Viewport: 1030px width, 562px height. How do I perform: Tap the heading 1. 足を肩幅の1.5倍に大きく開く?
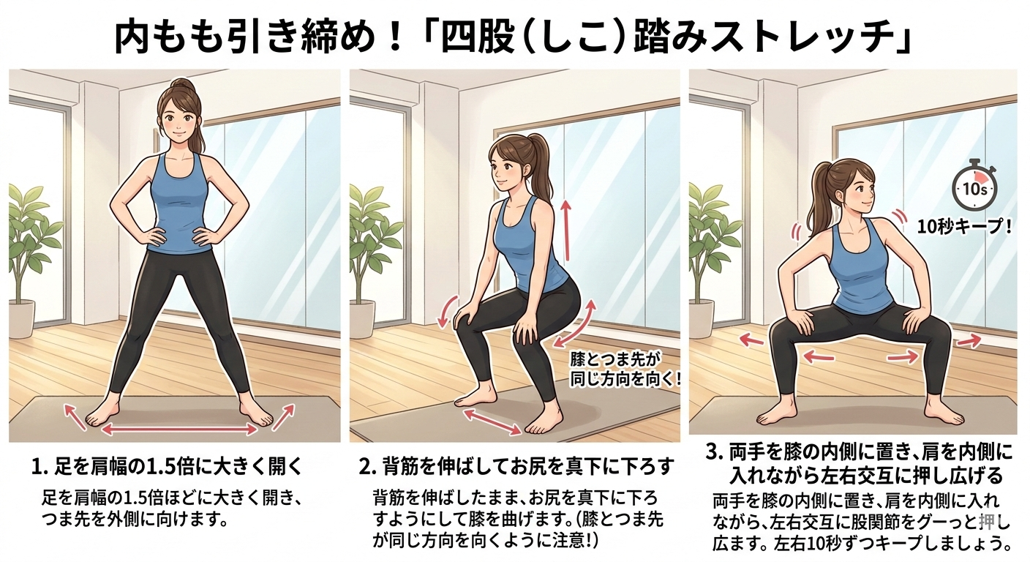167,466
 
